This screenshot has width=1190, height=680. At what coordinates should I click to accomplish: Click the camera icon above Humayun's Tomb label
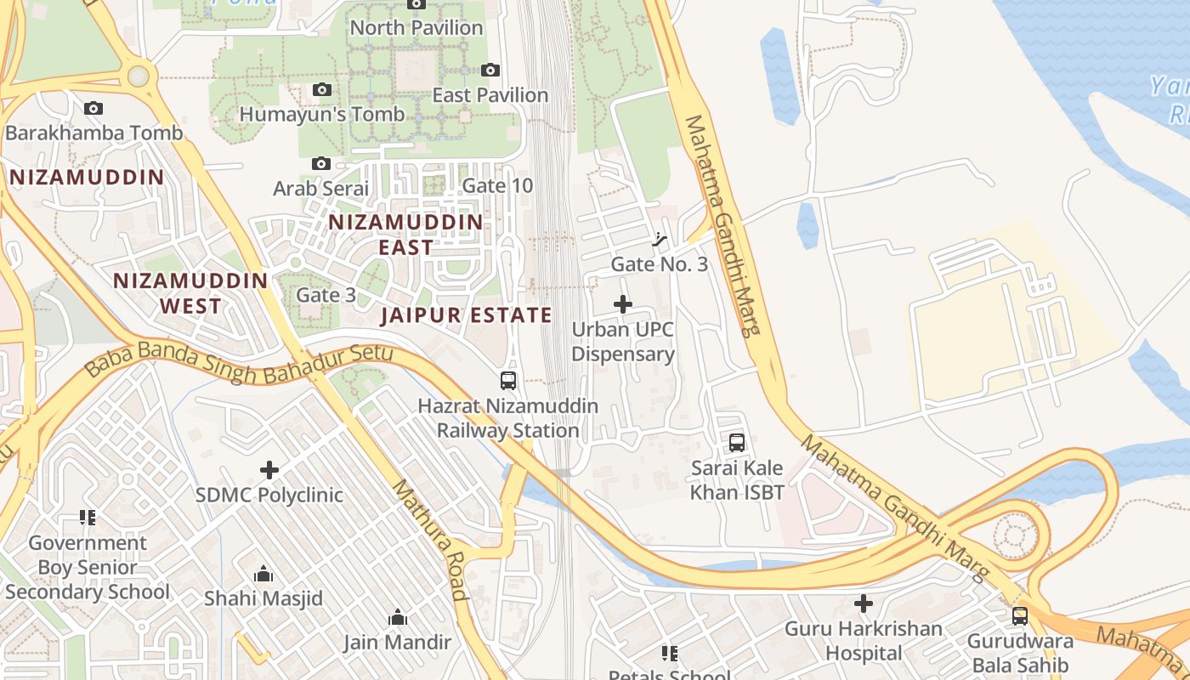(321, 89)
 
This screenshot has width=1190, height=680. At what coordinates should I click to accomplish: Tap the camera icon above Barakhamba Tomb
(93, 108)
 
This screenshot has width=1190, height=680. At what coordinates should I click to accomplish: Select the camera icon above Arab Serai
(321, 163)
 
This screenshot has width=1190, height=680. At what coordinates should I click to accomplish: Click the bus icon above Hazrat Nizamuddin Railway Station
(508, 381)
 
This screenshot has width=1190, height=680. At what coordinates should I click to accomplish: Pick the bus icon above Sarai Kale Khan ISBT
(737, 443)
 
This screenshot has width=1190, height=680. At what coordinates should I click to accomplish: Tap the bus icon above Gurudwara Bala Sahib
(1020, 616)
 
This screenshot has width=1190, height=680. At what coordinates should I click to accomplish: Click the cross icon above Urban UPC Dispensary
(623, 303)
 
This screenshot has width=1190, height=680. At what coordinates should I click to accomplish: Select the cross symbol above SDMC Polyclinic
(269, 469)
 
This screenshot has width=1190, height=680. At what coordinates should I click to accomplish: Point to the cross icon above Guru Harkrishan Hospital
(864, 603)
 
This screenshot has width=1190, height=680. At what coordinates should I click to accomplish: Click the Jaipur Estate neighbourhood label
(467, 315)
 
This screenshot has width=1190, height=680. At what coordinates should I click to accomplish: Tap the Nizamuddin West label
(190, 292)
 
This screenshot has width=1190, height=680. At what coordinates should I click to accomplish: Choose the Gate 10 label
(497, 185)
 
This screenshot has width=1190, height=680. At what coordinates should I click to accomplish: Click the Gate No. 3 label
(660, 264)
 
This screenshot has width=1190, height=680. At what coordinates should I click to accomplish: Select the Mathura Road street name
(430, 540)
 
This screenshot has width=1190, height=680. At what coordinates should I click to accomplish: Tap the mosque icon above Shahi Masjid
(263, 575)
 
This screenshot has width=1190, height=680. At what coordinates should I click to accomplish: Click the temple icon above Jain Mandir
(398, 618)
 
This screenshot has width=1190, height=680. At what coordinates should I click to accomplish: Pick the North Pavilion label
(416, 28)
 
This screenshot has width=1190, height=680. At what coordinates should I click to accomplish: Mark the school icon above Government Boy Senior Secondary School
(87, 517)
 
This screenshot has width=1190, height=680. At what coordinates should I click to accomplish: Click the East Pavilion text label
(490, 95)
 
